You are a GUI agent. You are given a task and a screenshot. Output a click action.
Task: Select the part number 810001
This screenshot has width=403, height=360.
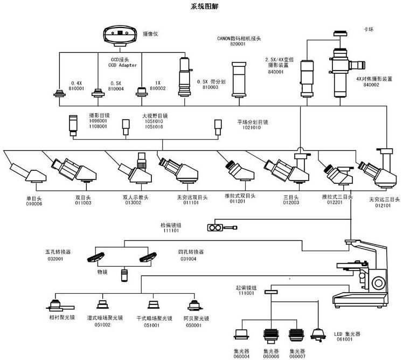[x=78, y=88]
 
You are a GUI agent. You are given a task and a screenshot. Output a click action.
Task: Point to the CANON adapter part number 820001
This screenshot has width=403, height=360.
[x=238, y=44]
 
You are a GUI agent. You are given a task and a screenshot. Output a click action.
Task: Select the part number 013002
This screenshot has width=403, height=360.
[x=134, y=203]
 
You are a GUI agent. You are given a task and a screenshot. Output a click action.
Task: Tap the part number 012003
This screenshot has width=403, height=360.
[x=291, y=203]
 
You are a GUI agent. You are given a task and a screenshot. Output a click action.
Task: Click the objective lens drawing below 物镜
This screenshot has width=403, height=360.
[x=124, y=276]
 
